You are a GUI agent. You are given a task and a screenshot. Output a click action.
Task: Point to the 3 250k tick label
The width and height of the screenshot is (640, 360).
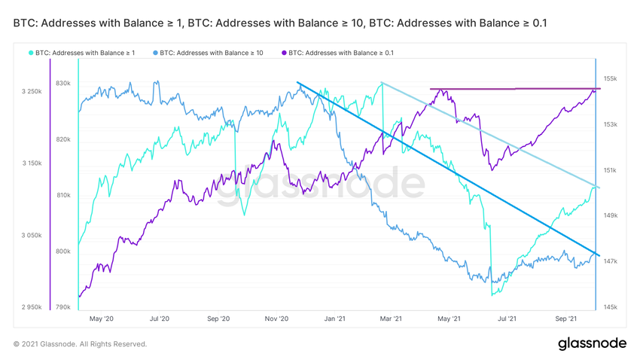coord(32,92)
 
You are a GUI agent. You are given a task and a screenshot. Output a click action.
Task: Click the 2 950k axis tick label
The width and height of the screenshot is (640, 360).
coord(32,307)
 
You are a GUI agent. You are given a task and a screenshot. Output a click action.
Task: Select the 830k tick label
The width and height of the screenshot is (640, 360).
coord(62,84)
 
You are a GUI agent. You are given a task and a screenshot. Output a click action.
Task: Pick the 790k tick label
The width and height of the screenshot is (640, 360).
coord(62,307)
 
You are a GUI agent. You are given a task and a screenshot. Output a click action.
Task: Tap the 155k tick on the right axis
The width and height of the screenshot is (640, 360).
coord(610,78)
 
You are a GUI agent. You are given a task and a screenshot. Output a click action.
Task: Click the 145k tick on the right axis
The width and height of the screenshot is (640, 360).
coord(610,307)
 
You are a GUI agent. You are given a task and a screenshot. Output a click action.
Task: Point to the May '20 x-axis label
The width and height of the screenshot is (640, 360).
coord(101,319)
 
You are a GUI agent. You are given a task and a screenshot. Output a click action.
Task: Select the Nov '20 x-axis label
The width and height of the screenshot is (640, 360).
coord(276,319)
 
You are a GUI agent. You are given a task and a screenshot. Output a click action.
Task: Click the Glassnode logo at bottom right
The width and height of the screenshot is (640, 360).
coord(592,343)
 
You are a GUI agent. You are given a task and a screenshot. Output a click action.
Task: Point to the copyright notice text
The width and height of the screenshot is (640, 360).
coord(80,344)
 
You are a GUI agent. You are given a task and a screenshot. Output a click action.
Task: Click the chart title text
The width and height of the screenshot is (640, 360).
coord(280,23)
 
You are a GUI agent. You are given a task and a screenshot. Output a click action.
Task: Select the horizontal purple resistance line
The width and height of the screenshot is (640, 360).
coord(512,89)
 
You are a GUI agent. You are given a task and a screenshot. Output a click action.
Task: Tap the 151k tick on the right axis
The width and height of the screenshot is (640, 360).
coord(610,170)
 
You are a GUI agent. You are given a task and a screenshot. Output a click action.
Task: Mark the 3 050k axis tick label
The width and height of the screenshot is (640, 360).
coord(32,236)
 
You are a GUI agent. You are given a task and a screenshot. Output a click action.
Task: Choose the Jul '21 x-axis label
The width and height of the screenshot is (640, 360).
coord(507,319)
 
